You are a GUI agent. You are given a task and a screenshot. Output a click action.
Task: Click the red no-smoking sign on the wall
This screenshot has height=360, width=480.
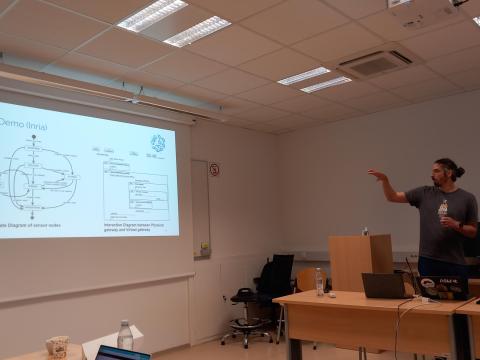[x=214, y=170]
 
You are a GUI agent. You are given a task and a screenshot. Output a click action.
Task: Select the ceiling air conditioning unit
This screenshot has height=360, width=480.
[x=375, y=63]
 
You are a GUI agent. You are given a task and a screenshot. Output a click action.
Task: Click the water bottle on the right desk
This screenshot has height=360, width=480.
[x=320, y=281]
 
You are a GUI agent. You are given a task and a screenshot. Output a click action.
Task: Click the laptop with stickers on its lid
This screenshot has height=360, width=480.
[x=443, y=288]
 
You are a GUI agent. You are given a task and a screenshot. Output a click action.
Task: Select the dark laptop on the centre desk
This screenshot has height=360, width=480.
[x=384, y=286]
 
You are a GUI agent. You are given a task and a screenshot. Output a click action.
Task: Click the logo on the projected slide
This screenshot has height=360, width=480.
[x=157, y=143]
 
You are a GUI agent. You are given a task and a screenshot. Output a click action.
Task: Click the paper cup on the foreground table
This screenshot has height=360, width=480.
[x=57, y=346]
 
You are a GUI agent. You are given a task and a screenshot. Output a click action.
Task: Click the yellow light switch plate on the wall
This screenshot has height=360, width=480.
[x=205, y=248]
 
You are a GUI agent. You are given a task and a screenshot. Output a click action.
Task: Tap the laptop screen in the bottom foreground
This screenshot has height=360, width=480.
[x=123, y=354]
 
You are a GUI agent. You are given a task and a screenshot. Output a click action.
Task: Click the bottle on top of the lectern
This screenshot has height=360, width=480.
[x=365, y=231]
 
